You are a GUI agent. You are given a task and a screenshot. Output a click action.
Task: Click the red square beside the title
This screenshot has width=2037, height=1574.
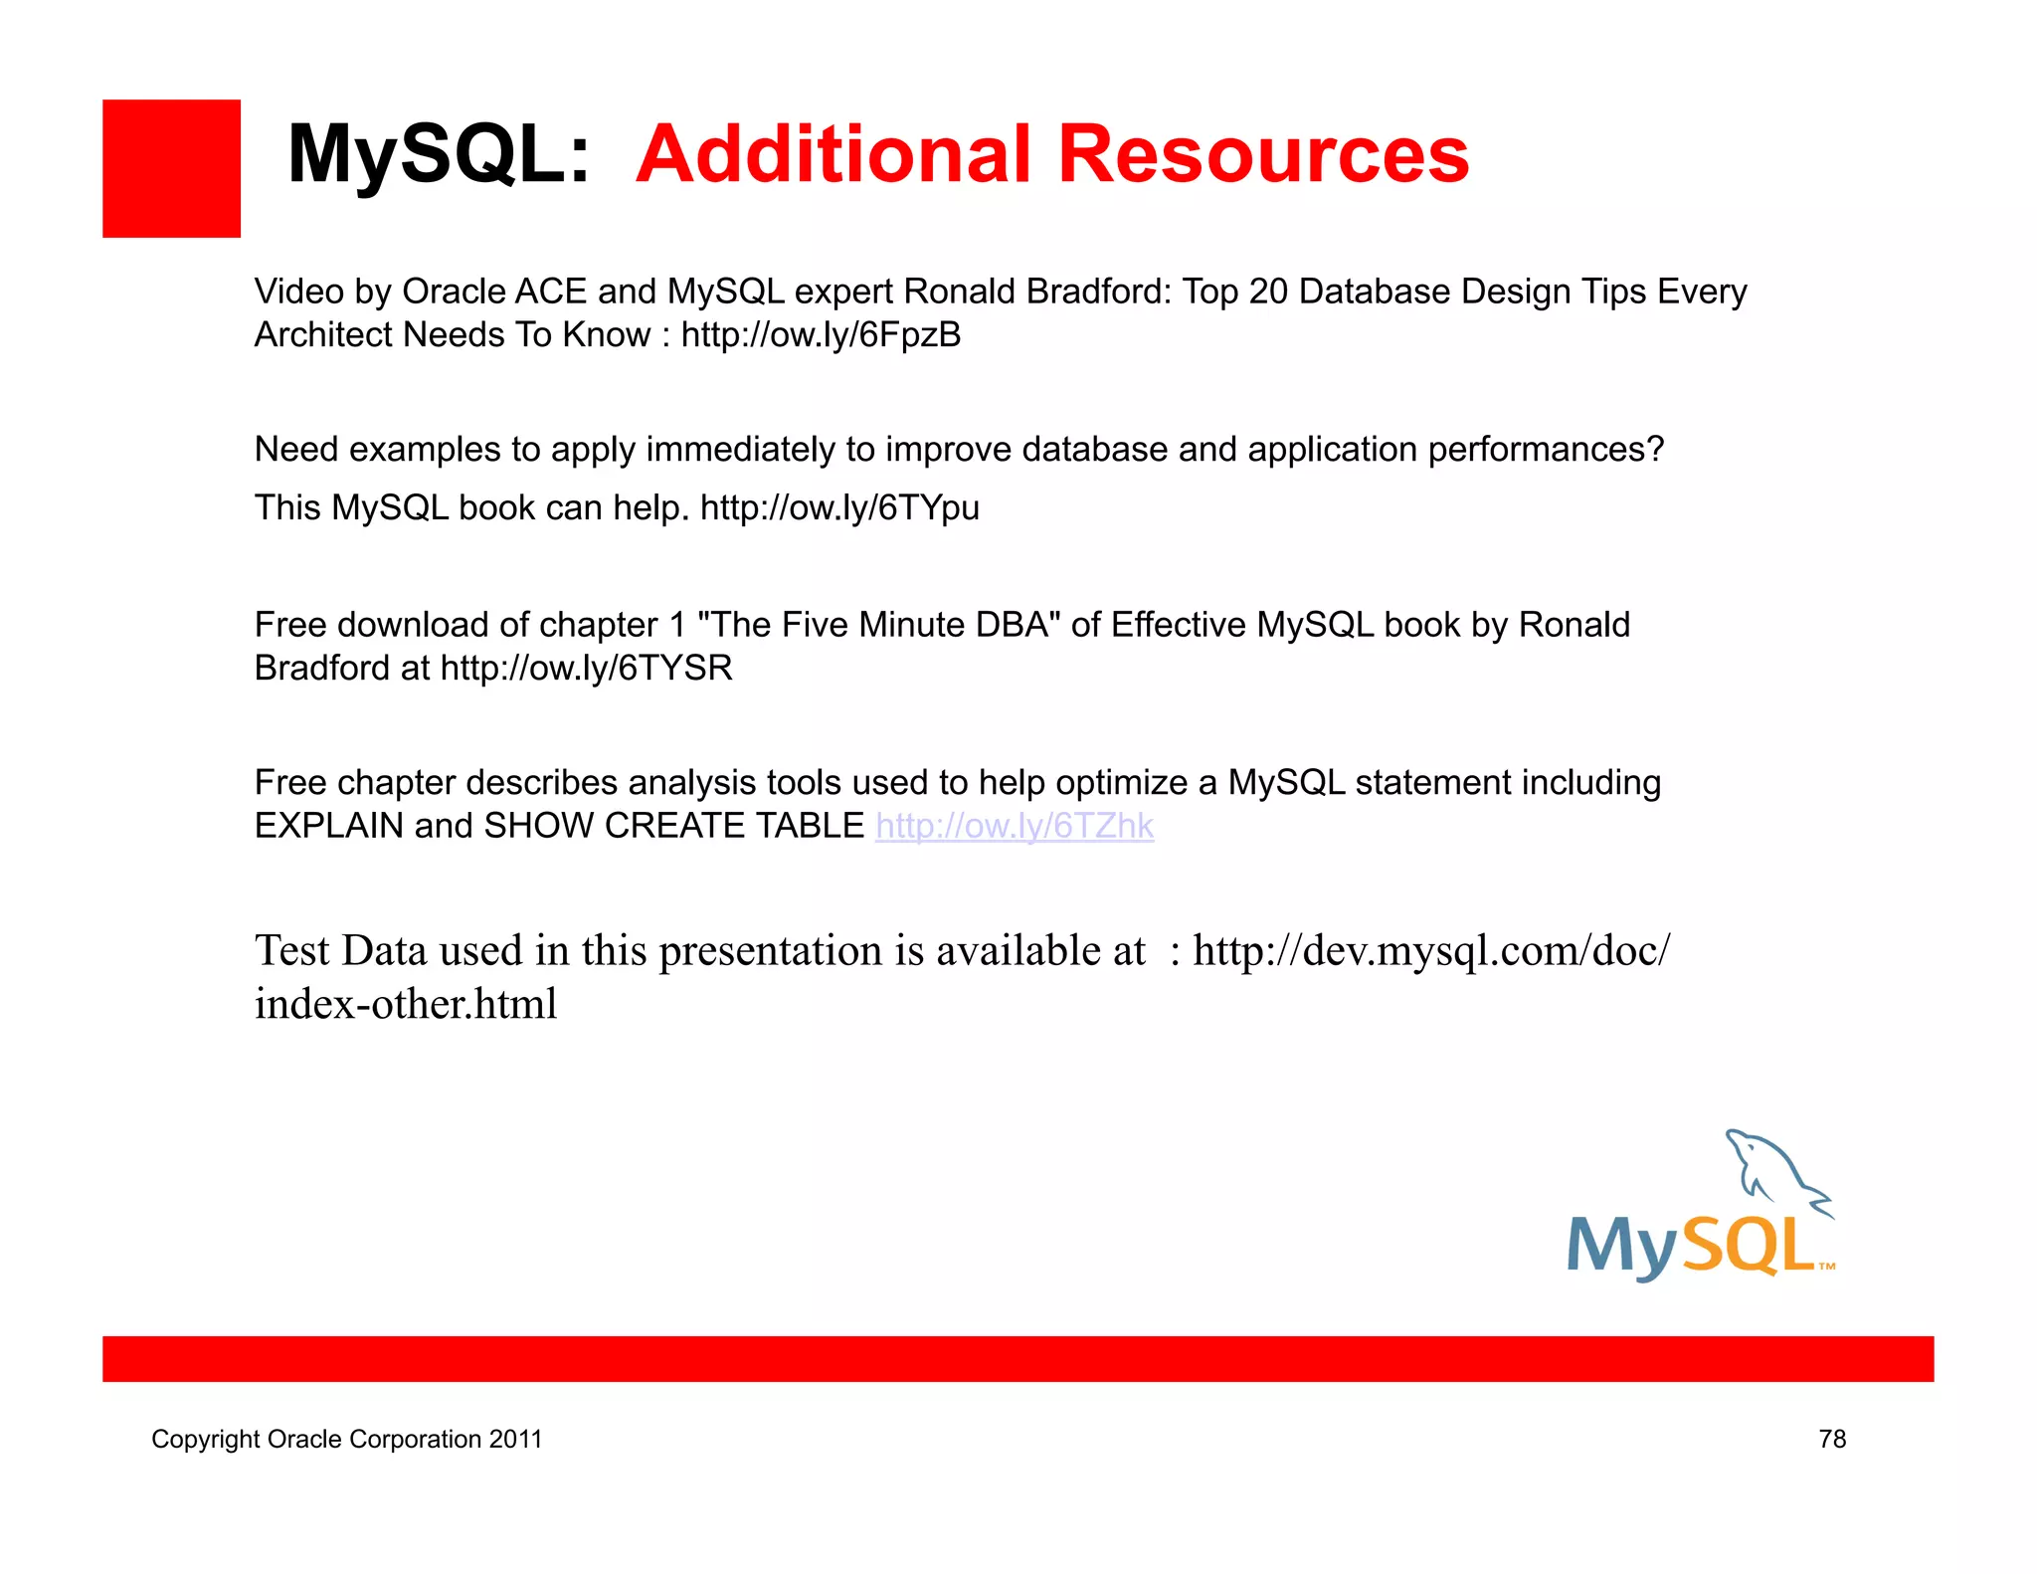[x=171, y=168]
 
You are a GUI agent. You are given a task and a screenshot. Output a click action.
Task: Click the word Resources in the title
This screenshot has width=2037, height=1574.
[x=1262, y=154]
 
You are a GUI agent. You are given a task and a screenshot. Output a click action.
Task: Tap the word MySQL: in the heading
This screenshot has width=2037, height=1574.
[x=439, y=154]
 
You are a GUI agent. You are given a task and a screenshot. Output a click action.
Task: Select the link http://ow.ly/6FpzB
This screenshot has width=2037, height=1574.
[x=821, y=335]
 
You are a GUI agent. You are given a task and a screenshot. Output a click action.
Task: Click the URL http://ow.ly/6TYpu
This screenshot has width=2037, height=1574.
[x=839, y=508]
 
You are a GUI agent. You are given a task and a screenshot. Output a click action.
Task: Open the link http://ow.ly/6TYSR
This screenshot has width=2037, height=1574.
[x=586, y=668]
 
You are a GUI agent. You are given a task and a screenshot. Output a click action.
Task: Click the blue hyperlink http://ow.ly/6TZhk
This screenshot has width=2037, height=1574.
[x=1014, y=826]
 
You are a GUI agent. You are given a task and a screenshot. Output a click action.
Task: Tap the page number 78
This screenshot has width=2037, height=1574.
[x=1831, y=1439]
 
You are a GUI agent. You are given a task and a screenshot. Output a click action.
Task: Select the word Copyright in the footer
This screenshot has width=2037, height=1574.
[x=205, y=1440]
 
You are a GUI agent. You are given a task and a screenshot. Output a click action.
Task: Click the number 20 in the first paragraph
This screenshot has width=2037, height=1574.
[x=1267, y=292]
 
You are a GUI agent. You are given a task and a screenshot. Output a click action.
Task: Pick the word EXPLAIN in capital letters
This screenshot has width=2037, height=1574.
[x=328, y=826]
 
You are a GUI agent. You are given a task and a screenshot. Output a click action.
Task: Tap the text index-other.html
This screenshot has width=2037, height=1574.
[x=405, y=1004]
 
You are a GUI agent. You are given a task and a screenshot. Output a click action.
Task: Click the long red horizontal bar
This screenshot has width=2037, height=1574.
[x=1018, y=1358]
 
